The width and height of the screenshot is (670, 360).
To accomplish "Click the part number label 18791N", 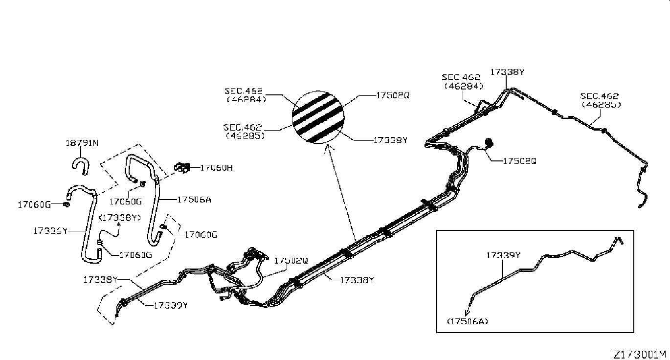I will click(x=82, y=143).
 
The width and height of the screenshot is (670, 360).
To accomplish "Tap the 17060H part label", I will click(x=216, y=168).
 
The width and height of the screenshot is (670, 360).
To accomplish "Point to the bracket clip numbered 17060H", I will click(x=182, y=167).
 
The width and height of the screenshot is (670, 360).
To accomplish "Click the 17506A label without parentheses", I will click(x=194, y=200).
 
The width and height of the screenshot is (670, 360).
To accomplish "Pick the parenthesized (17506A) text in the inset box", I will click(x=468, y=321).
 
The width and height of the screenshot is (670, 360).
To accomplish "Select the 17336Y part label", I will click(x=50, y=230).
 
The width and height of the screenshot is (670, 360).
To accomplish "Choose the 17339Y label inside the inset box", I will click(x=503, y=255).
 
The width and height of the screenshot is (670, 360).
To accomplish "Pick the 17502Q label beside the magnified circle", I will click(x=392, y=95).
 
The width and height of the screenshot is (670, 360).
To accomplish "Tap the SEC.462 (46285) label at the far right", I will click(x=600, y=100).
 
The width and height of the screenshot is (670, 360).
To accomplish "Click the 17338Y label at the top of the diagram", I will click(x=508, y=72).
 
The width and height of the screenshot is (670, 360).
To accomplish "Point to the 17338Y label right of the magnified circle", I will click(x=390, y=140).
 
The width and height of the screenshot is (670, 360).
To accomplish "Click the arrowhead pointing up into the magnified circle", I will click(x=326, y=146).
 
